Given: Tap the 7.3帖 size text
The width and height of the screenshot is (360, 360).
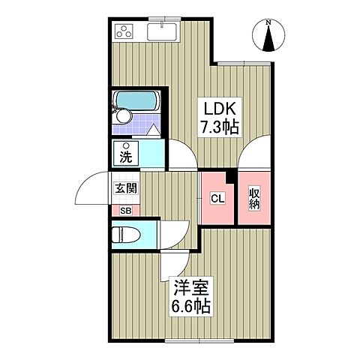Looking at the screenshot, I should pos(218,127).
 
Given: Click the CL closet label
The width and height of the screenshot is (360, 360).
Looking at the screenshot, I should pos(216,199).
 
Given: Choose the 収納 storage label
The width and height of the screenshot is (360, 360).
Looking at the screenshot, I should pos(254,199).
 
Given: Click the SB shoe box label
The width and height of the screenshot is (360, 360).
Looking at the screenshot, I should pos(124,210).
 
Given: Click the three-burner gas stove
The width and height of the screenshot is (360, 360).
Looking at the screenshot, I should pos(124,31).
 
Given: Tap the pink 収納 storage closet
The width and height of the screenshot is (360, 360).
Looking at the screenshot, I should pos(253,199).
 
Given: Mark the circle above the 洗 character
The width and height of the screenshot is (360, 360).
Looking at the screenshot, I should pos(127,146).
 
